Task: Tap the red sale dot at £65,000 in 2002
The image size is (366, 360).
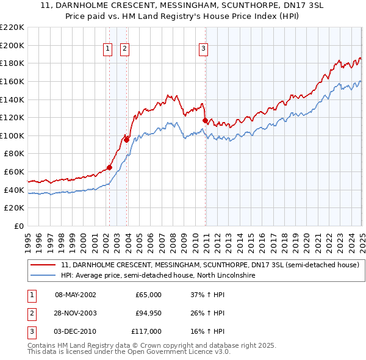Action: (x=110, y=167)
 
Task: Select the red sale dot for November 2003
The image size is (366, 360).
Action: (x=127, y=140)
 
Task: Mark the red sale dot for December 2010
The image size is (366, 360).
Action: (x=206, y=120)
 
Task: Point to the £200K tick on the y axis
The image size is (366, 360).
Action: (x=13, y=45)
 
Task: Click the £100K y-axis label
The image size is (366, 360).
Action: (x=13, y=135)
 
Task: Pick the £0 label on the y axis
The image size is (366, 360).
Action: (x=20, y=226)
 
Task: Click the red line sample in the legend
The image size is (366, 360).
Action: (x=42, y=265)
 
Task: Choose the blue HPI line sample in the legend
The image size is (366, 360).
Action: (x=42, y=276)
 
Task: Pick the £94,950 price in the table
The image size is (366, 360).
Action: (x=148, y=313)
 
